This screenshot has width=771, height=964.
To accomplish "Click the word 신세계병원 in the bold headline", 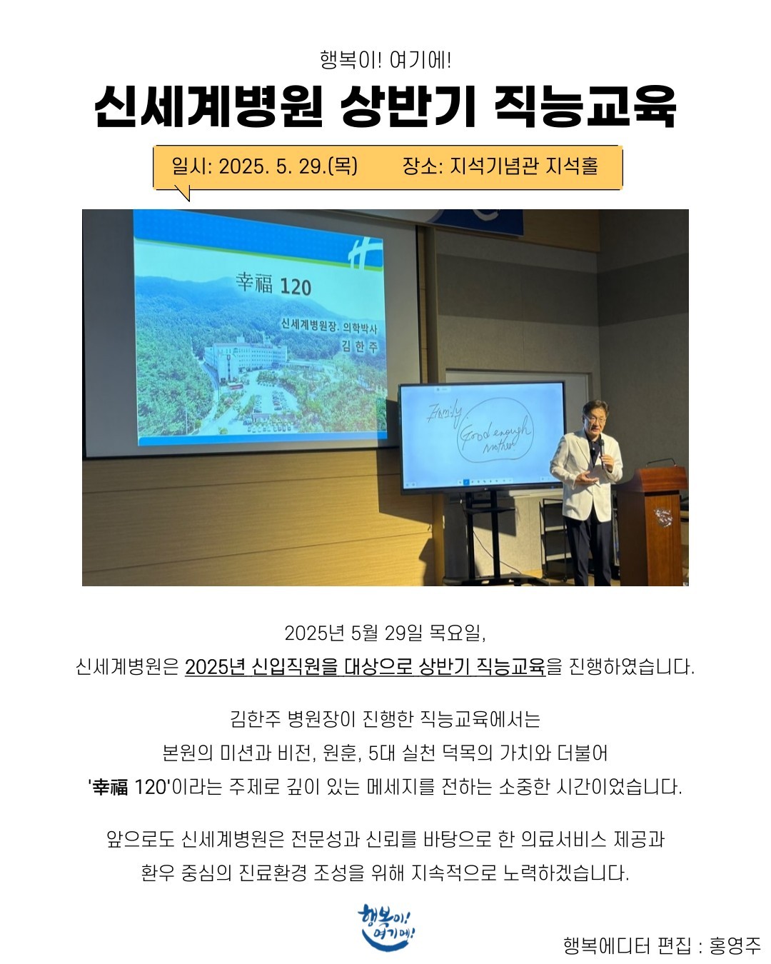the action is (208, 106).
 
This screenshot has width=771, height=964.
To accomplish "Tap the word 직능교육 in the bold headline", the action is (585, 106).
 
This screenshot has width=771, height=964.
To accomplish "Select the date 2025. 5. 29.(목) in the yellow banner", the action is (288, 166).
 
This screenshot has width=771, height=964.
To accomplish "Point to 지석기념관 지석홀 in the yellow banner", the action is (524, 166).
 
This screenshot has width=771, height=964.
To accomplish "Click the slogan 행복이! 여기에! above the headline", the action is (385, 60).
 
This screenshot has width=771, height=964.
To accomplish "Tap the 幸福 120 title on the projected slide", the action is (273, 284).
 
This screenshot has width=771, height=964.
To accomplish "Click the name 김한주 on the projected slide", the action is (360, 346).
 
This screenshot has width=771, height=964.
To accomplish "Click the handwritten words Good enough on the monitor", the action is (495, 431).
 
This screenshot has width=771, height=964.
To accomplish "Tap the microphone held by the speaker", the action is (602, 453).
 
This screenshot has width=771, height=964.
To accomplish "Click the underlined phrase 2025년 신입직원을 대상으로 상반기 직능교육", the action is (365, 668).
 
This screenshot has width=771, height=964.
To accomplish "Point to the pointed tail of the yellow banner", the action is (188, 200).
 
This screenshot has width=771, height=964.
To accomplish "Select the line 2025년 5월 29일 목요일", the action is (385, 633).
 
